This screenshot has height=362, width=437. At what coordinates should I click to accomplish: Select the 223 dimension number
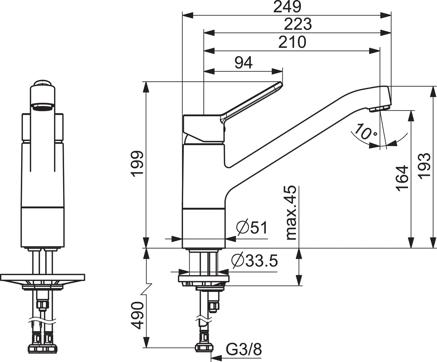click(x=298, y=24)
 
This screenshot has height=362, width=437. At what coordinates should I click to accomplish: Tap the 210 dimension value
click(x=292, y=42)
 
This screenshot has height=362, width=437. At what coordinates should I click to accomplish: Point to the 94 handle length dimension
click(x=244, y=63)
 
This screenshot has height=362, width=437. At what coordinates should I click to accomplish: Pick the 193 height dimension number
click(x=424, y=166)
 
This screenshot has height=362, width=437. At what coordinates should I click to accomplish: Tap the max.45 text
click(x=291, y=213)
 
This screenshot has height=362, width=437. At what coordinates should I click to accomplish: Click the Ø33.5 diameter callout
click(x=255, y=261)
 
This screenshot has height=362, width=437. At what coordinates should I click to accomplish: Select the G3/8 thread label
click(x=244, y=350)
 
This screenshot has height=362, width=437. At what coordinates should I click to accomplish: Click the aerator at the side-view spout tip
click(x=379, y=109)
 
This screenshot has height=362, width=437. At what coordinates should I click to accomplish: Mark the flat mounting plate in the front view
click(x=43, y=277)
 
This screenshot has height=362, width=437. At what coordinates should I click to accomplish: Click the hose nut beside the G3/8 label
click(x=204, y=347)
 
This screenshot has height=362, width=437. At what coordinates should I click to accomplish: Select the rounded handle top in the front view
click(x=43, y=83)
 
